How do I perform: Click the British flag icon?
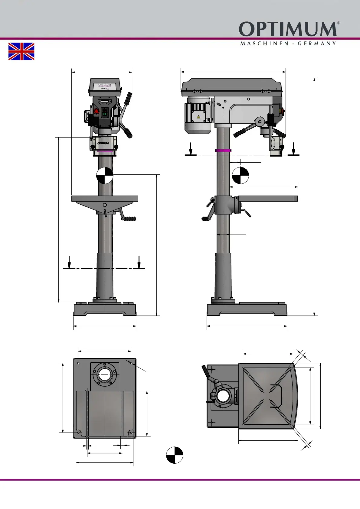tap(21, 51)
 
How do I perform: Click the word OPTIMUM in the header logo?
tap(287, 29)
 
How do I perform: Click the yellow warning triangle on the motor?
tap(198, 117)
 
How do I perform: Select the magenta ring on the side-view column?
tap(223, 150)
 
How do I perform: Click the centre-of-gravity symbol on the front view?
tap(105, 176)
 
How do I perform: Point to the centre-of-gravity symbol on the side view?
tap(241, 176)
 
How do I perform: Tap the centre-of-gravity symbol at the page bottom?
tap(175, 455)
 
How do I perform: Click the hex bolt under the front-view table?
tap(105, 205)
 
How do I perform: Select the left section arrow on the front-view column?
tap(69, 262)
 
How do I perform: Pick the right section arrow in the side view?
tap(293, 149)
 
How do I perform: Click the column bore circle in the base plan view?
tap(105, 375)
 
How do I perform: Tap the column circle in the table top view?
tap(223, 396)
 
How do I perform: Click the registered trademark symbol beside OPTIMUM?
tap(338, 23)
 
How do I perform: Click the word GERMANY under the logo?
tap(317, 44)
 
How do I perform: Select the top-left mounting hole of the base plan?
tap(78, 363)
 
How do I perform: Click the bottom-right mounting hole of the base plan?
tap(131, 433)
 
